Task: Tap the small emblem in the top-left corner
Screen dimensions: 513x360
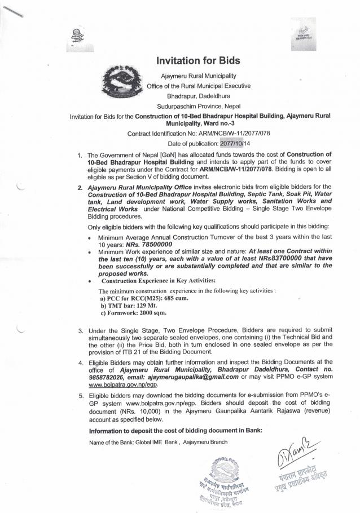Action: (x=76, y=38)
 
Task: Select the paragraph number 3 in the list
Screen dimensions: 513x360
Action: (x=81, y=329)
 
